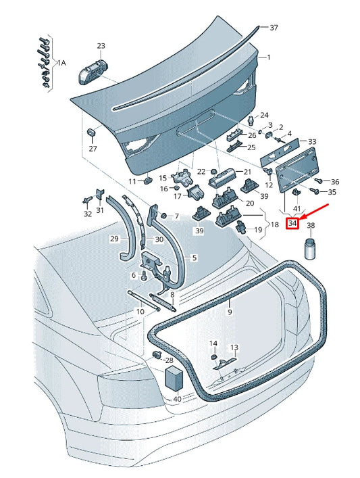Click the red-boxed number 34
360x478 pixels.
tap(292, 223)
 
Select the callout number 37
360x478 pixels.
tap(274, 28)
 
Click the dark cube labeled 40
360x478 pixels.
tap(174, 378)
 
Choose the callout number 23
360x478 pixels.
tap(101, 46)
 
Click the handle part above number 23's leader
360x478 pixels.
tap(93, 72)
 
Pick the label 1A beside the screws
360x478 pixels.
tap(61, 63)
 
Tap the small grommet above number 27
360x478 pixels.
tap(92, 133)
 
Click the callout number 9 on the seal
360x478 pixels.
tap(230, 312)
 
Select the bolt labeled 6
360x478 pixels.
tap(144, 276)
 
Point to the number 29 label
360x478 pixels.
tap(114, 239)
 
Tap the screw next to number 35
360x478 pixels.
tap(313, 191)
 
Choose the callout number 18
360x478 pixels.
tap(274, 224)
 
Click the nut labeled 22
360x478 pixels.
tap(213, 171)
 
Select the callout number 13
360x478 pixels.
tap(234, 348)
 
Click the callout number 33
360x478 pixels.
tap(312, 141)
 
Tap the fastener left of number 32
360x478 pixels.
tap(87, 199)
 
